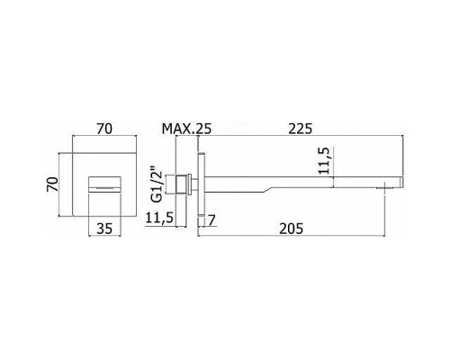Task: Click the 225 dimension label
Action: point(300,129)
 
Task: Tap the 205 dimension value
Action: point(292,229)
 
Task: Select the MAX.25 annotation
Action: point(186,129)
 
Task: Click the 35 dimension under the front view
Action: point(104,229)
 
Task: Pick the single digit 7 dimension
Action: point(211,220)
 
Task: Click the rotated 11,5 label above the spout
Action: point(324,160)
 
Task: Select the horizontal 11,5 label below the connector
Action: point(159,218)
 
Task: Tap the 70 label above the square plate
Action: point(104,129)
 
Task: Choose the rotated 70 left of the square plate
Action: point(53,184)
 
